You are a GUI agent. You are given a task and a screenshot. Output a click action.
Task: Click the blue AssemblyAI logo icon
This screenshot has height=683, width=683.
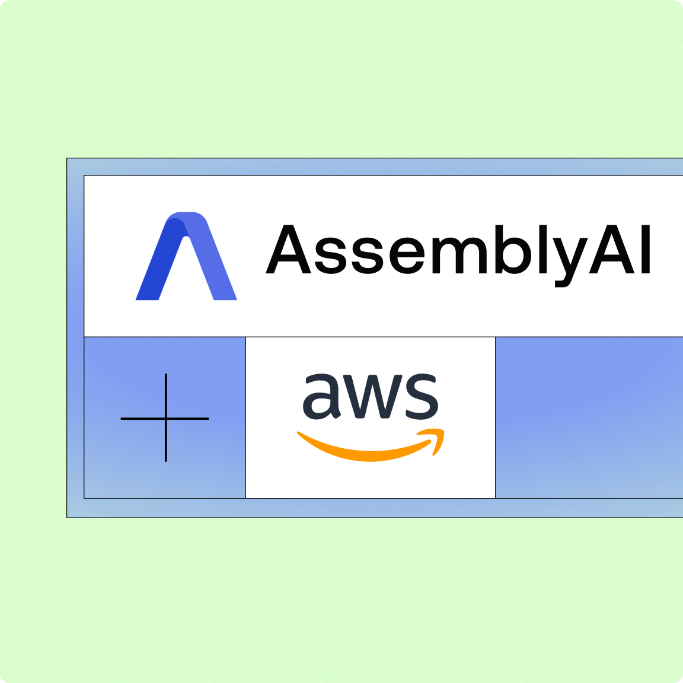(186, 256)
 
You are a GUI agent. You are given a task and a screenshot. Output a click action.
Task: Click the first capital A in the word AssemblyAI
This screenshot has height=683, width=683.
(289, 250)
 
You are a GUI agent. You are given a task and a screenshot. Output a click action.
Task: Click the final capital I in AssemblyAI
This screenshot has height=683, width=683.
(645, 250)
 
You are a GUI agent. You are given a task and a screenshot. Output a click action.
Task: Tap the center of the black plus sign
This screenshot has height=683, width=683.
(166, 419)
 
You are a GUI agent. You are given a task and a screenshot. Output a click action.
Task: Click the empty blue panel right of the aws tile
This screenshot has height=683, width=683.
(589, 417)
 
